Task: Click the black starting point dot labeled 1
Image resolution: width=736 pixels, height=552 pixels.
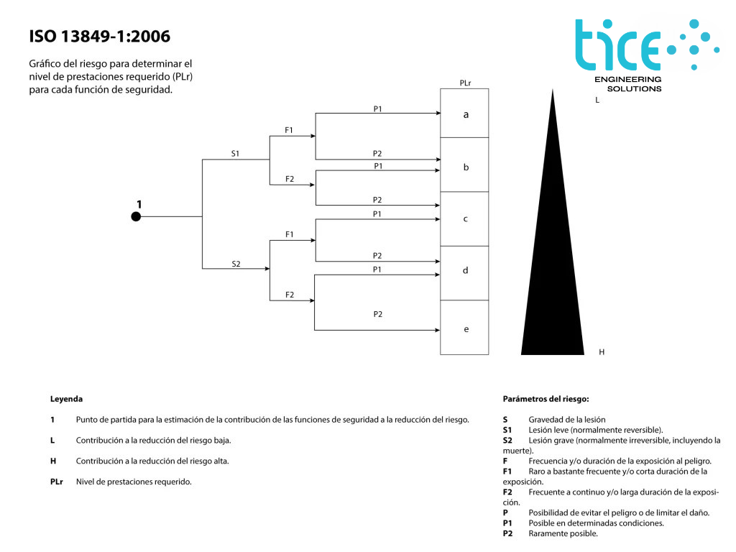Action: [x=136, y=216]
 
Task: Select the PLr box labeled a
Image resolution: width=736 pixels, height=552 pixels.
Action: [x=464, y=114]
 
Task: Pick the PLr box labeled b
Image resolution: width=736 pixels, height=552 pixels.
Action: [x=464, y=166]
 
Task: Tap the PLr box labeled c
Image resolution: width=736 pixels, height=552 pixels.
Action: [x=464, y=218]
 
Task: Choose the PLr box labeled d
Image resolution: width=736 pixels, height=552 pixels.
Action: [x=464, y=271]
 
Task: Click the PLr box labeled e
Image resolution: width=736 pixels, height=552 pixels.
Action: [x=464, y=328]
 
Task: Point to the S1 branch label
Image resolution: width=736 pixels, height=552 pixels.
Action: [x=235, y=154]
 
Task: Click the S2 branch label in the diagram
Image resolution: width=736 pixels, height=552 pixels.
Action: [x=236, y=264]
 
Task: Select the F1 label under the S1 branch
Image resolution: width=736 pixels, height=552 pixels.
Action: [x=289, y=130]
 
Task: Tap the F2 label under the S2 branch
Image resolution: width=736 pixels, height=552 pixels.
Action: [x=289, y=295]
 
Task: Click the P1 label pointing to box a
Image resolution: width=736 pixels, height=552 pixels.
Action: [x=377, y=109]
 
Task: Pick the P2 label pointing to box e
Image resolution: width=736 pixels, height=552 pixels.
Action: [x=377, y=314]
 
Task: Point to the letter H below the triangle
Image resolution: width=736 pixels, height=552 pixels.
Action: [x=602, y=352]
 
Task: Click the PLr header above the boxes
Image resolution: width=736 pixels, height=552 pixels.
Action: [x=465, y=83]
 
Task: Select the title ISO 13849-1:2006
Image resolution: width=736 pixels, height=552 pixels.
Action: [x=100, y=36]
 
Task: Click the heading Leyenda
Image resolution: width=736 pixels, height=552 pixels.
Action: [x=66, y=398]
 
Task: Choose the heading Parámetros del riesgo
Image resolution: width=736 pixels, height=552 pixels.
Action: [x=546, y=398]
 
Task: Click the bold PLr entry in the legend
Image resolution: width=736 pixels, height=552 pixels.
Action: [x=57, y=482]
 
